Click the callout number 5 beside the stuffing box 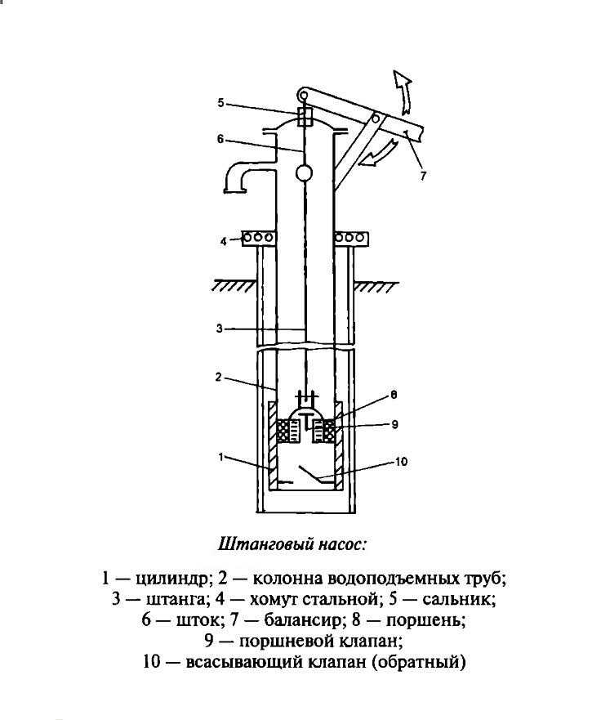click(220, 102)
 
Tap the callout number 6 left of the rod click(220, 139)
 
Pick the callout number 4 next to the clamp click(222, 241)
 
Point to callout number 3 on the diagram click(219, 329)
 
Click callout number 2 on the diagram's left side click(219, 378)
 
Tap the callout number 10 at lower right click(400, 462)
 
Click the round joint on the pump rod click(303, 172)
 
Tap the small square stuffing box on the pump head click(304, 117)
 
